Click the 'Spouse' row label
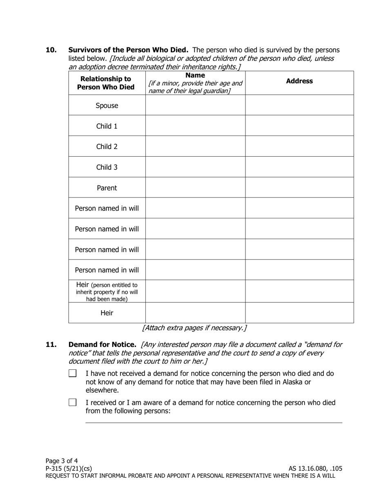107,105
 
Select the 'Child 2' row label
107,147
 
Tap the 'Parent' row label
107,188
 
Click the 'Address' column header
299,81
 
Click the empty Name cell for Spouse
195,105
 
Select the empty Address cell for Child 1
299,126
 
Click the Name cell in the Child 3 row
195,167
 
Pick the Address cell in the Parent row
299,188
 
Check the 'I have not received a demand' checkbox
73,373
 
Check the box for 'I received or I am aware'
73,402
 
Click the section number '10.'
51,50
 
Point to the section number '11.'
51,344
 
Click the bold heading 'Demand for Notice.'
102,344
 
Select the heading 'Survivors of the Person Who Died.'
128,50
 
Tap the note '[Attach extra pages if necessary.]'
194,328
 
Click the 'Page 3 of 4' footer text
62,461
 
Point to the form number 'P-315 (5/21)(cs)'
69,469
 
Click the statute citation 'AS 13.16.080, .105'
315,469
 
